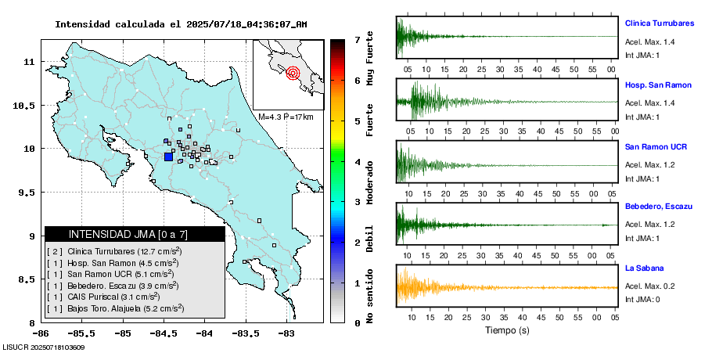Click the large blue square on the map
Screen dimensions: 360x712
point(168,157)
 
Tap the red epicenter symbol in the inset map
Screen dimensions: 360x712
point(293,74)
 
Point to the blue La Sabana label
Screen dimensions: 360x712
point(643,268)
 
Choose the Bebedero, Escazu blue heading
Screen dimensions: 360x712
point(659,206)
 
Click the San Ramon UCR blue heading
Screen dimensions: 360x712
point(656,146)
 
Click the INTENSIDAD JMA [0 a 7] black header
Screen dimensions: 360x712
point(135,234)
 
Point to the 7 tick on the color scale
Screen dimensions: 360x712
point(357,39)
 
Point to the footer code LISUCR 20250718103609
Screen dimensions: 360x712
point(44,347)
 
